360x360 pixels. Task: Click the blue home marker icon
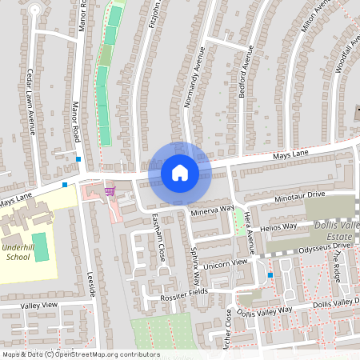pos(180,172)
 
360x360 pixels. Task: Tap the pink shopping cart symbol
pos(110,191)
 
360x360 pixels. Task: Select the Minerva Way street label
pos(212,211)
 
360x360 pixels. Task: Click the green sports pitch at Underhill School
pos(41,246)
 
